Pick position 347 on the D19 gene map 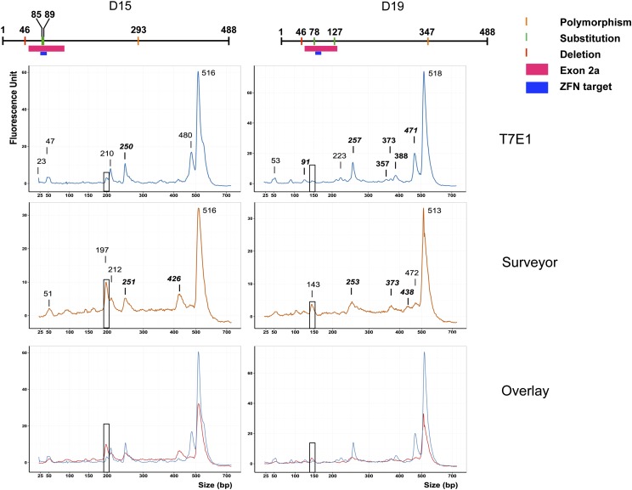[x=427, y=31]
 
